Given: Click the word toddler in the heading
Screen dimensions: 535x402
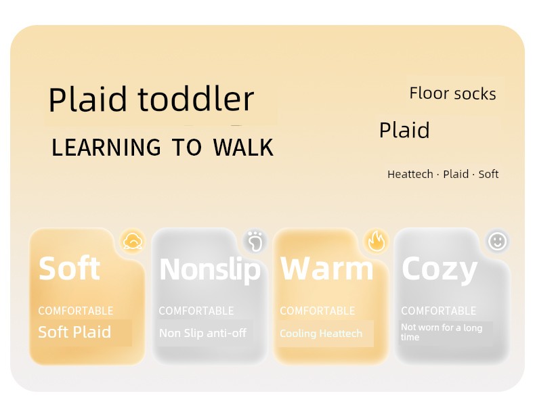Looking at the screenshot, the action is tap(196, 99).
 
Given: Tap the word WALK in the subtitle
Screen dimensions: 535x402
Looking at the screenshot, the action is tap(243, 148).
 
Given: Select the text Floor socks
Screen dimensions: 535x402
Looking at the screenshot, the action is tap(452, 93).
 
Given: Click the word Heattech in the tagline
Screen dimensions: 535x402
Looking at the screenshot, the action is tap(410, 174).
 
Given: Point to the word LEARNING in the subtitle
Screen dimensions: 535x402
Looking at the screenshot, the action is tap(106, 148).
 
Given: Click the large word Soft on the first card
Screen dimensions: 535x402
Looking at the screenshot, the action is tap(70, 269).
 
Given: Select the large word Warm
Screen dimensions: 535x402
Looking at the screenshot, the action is tap(327, 269).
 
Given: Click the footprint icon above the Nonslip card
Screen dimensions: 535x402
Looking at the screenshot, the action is tap(255, 241).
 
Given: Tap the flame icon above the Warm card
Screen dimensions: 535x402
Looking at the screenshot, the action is tap(377, 241).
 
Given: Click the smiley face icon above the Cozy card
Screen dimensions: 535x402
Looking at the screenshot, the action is tap(498, 241).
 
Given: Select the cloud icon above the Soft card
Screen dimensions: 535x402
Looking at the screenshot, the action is tap(133, 241).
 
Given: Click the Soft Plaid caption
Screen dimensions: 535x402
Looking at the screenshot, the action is tap(74, 332).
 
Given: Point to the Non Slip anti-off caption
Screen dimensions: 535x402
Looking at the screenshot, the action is tap(202, 333).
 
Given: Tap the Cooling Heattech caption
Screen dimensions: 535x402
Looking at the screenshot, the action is tap(321, 334).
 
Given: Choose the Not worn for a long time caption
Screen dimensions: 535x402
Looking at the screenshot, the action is tap(442, 332).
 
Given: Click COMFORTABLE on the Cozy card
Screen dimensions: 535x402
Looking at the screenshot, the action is tap(438, 311).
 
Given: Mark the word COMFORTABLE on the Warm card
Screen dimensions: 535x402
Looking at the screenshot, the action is tap(318, 311).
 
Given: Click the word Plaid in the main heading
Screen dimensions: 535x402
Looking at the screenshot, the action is tap(87, 99).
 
